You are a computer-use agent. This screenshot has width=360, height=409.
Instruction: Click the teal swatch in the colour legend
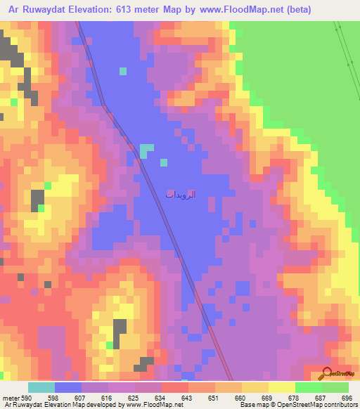(41, 387)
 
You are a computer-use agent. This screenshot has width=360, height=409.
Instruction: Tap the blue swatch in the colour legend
(68, 387)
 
